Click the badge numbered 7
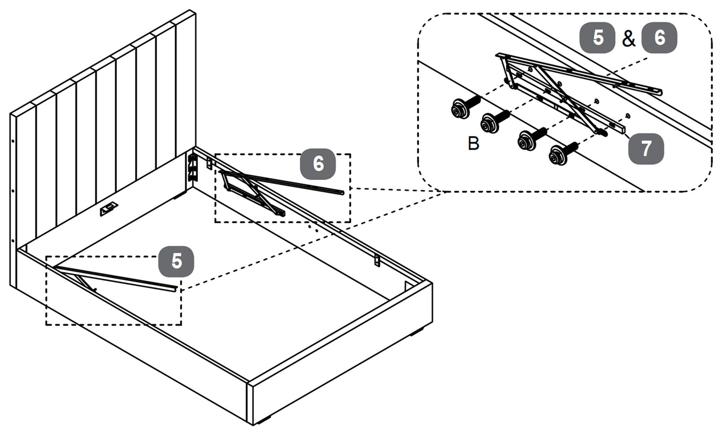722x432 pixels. (646, 149)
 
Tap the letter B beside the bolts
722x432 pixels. (474, 143)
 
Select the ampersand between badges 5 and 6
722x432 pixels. (629, 39)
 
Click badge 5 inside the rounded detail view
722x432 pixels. (597, 37)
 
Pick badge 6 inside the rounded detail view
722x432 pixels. (659, 37)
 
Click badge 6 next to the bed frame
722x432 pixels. (318, 164)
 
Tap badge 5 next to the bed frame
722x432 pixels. (176, 261)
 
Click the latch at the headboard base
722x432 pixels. (109, 210)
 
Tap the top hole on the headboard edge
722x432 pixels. (13, 142)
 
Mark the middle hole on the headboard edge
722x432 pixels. (13, 192)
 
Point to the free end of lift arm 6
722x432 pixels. (342, 192)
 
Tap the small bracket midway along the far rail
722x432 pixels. (377, 261)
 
